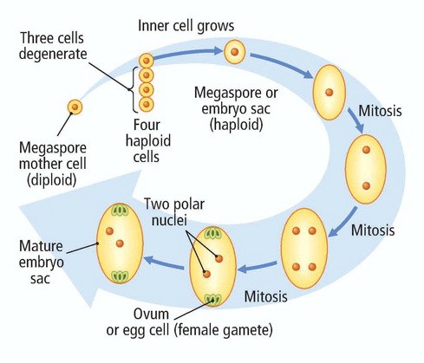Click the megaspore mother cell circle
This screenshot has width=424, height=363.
coord(75,107)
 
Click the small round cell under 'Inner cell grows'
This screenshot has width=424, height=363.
coord(235,52)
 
